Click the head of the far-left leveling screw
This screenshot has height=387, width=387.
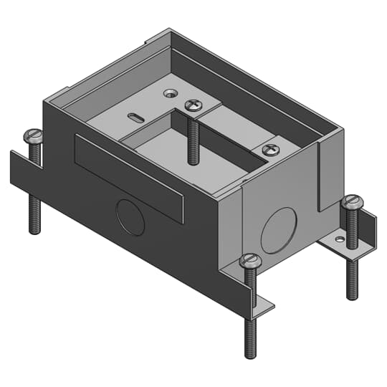click(x=34, y=134)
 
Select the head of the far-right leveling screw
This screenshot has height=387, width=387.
click(x=352, y=202)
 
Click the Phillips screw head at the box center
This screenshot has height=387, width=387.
click(x=193, y=105)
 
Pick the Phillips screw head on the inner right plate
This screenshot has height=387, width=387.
click(x=270, y=150)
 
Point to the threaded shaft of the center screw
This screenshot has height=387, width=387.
click(x=193, y=140)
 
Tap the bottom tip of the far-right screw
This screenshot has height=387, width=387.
click(x=352, y=296)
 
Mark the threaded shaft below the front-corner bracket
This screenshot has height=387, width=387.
click(x=250, y=337)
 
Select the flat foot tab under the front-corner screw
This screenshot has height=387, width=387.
click(x=264, y=307)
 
